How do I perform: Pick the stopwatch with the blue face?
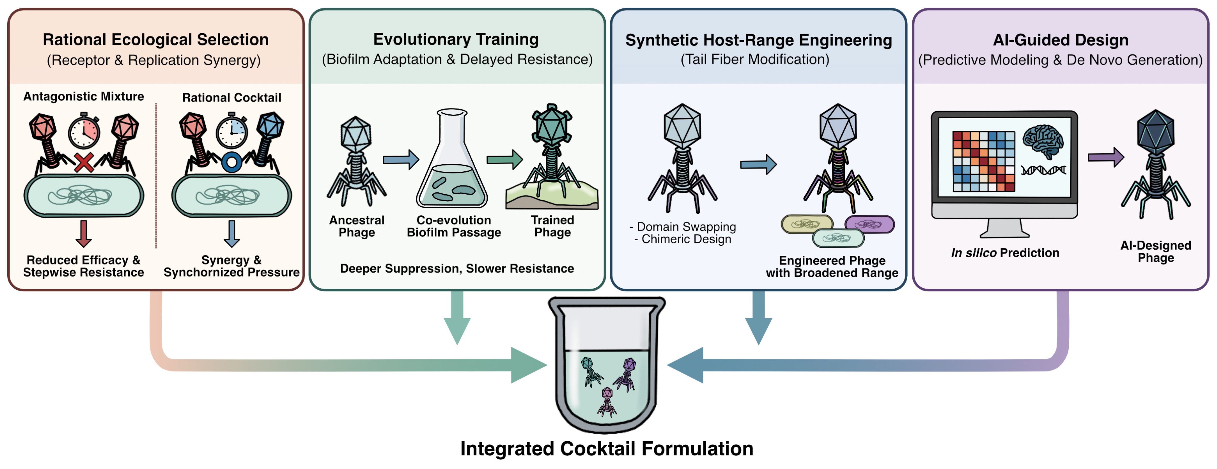[x=232, y=131]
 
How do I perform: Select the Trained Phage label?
[x=552, y=226]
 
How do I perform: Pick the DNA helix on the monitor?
[x=1043, y=170]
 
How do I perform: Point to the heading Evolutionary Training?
[x=456, y=39]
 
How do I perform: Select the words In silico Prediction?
[x=1005, y=253]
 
